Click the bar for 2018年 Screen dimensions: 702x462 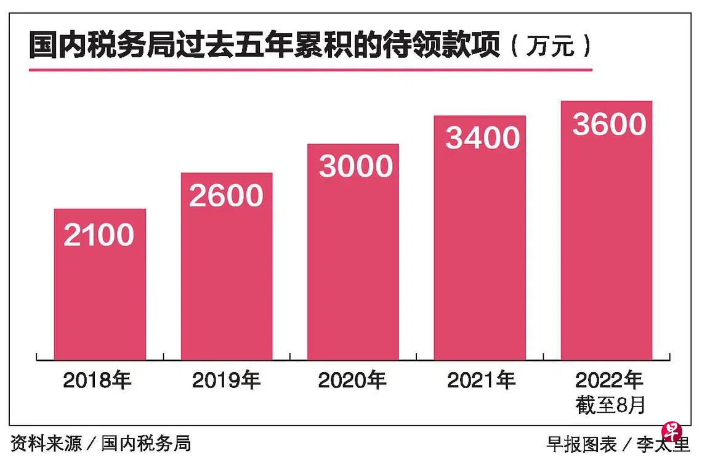pos(100,284)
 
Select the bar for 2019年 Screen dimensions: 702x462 pos(227,266)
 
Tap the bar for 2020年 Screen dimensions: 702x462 pos(353,251)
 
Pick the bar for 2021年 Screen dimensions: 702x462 pos(480,237)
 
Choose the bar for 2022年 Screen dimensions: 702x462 pos(606,230)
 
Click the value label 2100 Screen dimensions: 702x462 pos(99,235)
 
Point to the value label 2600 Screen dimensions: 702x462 pos(226,196)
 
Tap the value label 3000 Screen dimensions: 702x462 pos(356,166)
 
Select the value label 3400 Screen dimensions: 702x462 pos(483,137)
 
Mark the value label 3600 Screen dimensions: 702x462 pos(610,124)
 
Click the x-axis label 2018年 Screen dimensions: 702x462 pos(97,380)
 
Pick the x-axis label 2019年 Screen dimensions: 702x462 pos(226,380)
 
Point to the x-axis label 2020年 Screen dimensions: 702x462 pos(352,380)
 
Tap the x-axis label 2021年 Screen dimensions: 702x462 pos(482,380)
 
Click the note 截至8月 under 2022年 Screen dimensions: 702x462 pos(610,405)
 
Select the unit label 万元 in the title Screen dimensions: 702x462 pos(551,46)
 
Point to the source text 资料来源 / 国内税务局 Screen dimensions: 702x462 pos(101,444)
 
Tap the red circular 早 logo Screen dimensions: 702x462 pos(672,432)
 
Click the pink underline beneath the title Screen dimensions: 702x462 pos(311,70)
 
